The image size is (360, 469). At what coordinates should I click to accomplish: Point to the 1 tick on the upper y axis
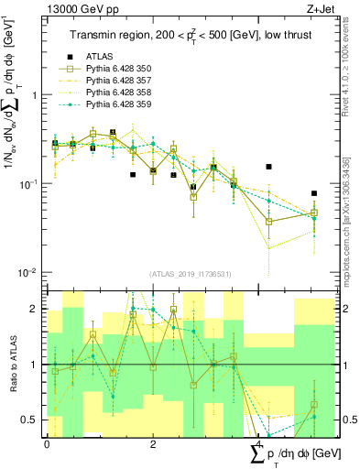tap(34, 95)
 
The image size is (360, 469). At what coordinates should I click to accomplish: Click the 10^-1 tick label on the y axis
tap(27, 183)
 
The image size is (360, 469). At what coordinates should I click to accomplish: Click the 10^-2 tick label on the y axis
tap(27, 272)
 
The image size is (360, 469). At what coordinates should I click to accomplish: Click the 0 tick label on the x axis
tap(47, 444)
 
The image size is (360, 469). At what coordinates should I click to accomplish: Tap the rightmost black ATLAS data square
tap(313, 193)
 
